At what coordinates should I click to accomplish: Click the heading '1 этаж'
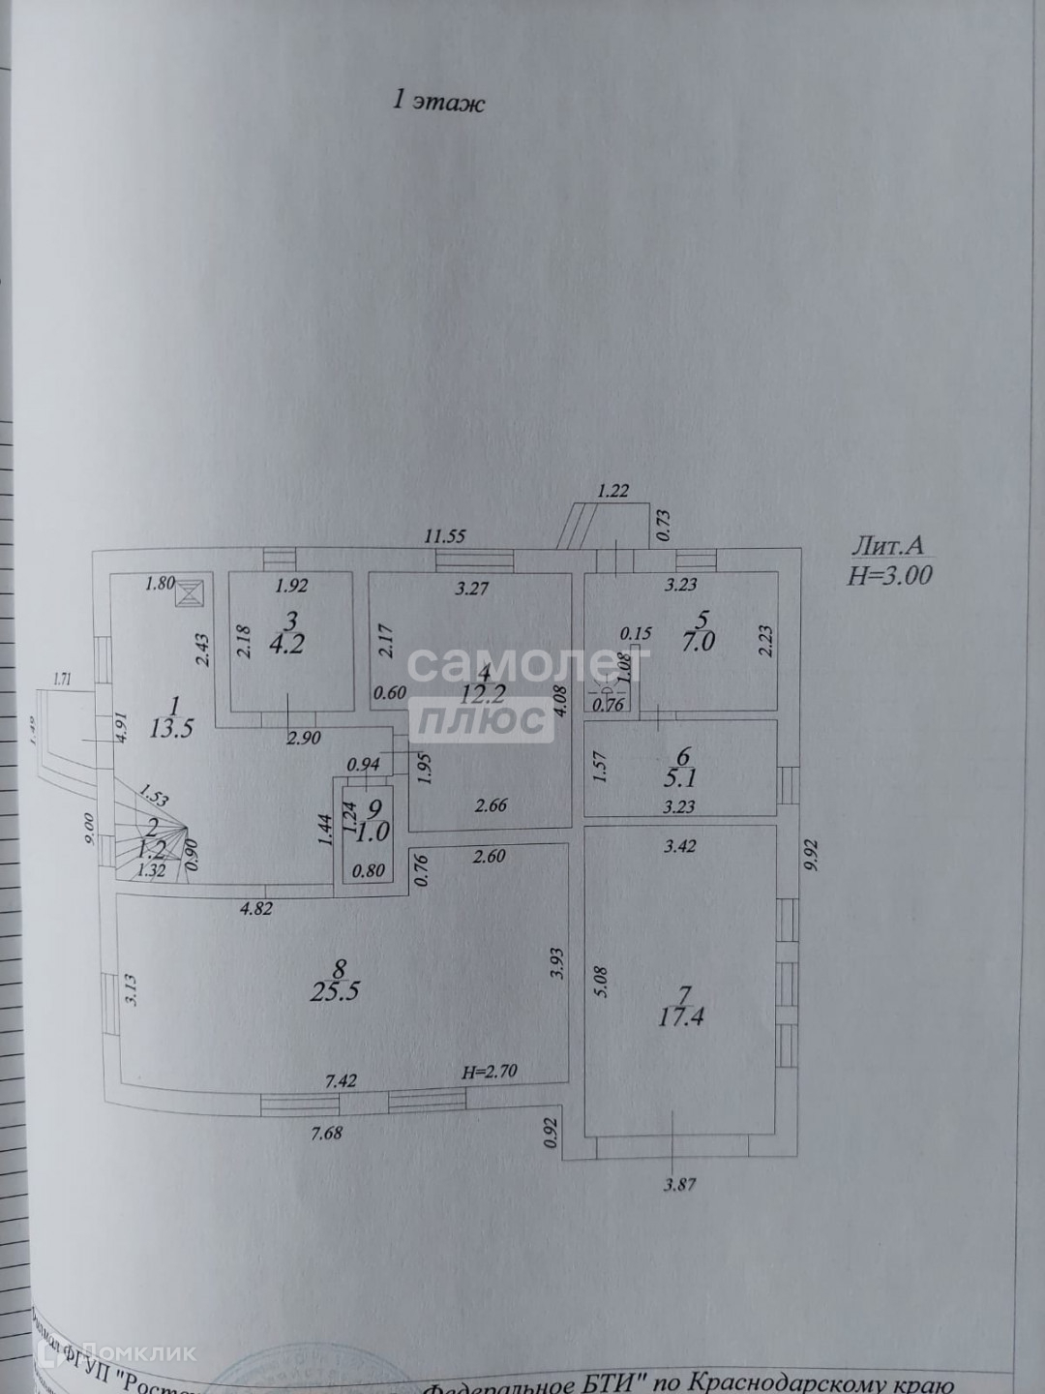[437, 101]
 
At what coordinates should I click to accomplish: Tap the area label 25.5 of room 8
[338, 990]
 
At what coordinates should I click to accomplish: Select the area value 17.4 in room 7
[683, 1016]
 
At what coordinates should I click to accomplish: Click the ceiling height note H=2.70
[493, 1072]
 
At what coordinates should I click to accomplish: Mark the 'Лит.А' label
[889, 547]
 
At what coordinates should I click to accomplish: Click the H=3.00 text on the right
[889, 575]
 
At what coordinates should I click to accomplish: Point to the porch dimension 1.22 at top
[613, 491]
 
